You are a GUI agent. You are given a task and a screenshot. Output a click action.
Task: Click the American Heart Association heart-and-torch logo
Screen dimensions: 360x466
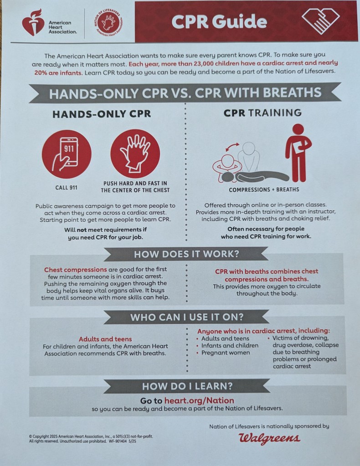point(33,22)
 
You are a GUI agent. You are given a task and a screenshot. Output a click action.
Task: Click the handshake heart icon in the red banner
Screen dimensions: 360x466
point(320,20)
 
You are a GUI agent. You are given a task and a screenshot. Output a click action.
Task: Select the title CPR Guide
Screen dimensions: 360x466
point(219,21)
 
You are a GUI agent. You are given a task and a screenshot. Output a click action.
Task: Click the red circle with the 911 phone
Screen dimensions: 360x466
point(67,154)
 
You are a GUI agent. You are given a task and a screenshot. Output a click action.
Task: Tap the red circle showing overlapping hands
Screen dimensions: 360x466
point(135,154)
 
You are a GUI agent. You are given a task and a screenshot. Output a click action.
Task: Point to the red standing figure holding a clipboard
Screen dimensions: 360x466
point(298,153)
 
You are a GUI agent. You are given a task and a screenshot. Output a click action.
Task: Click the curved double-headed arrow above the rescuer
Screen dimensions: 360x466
point(232,147)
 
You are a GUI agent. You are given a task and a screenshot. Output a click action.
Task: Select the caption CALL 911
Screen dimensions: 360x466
point(66,188)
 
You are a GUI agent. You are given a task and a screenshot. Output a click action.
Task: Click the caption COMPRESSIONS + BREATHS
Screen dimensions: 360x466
point(264,189)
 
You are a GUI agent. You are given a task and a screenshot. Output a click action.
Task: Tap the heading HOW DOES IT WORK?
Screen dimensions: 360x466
point(186,254)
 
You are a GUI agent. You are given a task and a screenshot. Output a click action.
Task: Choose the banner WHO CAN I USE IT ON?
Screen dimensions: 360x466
point(187,317)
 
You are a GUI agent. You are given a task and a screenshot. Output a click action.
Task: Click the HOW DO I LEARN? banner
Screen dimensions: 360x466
point(187,386)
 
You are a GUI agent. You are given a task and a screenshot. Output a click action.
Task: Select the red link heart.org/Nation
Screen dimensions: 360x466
point(199,400)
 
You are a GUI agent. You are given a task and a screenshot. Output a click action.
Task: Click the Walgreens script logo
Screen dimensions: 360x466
point(269,438)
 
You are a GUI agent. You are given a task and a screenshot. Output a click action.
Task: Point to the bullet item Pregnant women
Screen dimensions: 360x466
point(226,353)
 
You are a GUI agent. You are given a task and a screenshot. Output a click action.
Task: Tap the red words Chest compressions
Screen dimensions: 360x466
point(76,270)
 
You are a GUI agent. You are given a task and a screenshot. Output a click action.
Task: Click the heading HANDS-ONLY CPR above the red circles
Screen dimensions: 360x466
point(102,114)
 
